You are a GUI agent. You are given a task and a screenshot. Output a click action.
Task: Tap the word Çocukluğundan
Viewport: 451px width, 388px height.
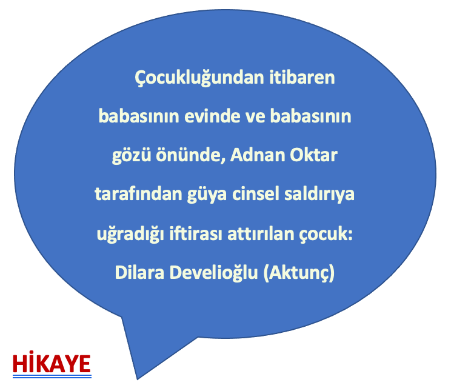199,78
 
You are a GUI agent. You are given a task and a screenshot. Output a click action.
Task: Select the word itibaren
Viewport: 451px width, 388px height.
302,78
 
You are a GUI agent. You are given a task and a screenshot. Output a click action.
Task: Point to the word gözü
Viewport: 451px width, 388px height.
132,156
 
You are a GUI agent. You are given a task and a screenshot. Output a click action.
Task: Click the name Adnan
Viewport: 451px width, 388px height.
258,155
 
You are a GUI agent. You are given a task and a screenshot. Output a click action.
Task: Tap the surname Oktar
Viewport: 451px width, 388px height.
313,155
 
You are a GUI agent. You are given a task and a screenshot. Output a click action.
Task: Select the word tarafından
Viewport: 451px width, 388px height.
139,194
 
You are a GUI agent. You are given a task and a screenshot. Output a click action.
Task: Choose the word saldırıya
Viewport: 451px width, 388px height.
319,195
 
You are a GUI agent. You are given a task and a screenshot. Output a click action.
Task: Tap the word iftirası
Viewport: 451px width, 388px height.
196,233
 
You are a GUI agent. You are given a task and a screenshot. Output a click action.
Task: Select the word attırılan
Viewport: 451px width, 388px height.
261,233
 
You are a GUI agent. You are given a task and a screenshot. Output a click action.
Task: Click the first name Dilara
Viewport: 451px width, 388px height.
139,272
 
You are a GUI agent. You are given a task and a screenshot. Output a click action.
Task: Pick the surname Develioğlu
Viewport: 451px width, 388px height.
213,273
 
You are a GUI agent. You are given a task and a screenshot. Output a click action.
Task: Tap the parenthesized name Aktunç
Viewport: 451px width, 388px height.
299,273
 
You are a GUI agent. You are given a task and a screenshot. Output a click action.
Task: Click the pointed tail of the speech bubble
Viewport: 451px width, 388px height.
137,380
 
